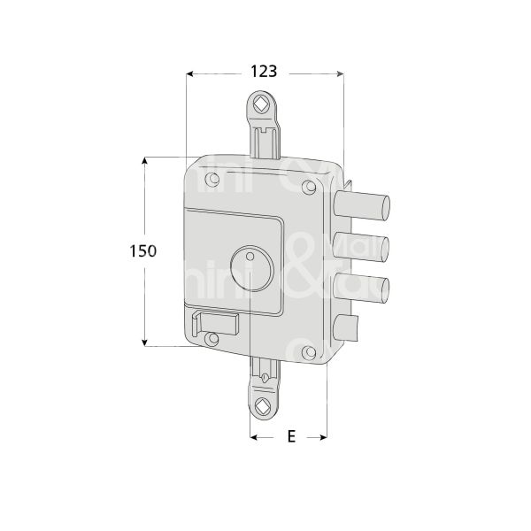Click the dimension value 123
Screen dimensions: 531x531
[x=264, y=71]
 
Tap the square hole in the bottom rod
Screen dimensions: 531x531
[x=263, y=409]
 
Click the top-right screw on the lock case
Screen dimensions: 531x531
[x=308, y=187]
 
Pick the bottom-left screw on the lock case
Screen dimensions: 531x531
[x=211, y=337]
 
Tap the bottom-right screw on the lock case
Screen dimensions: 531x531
[x=309, y=353]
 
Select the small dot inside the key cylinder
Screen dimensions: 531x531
[x=251, y=258]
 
